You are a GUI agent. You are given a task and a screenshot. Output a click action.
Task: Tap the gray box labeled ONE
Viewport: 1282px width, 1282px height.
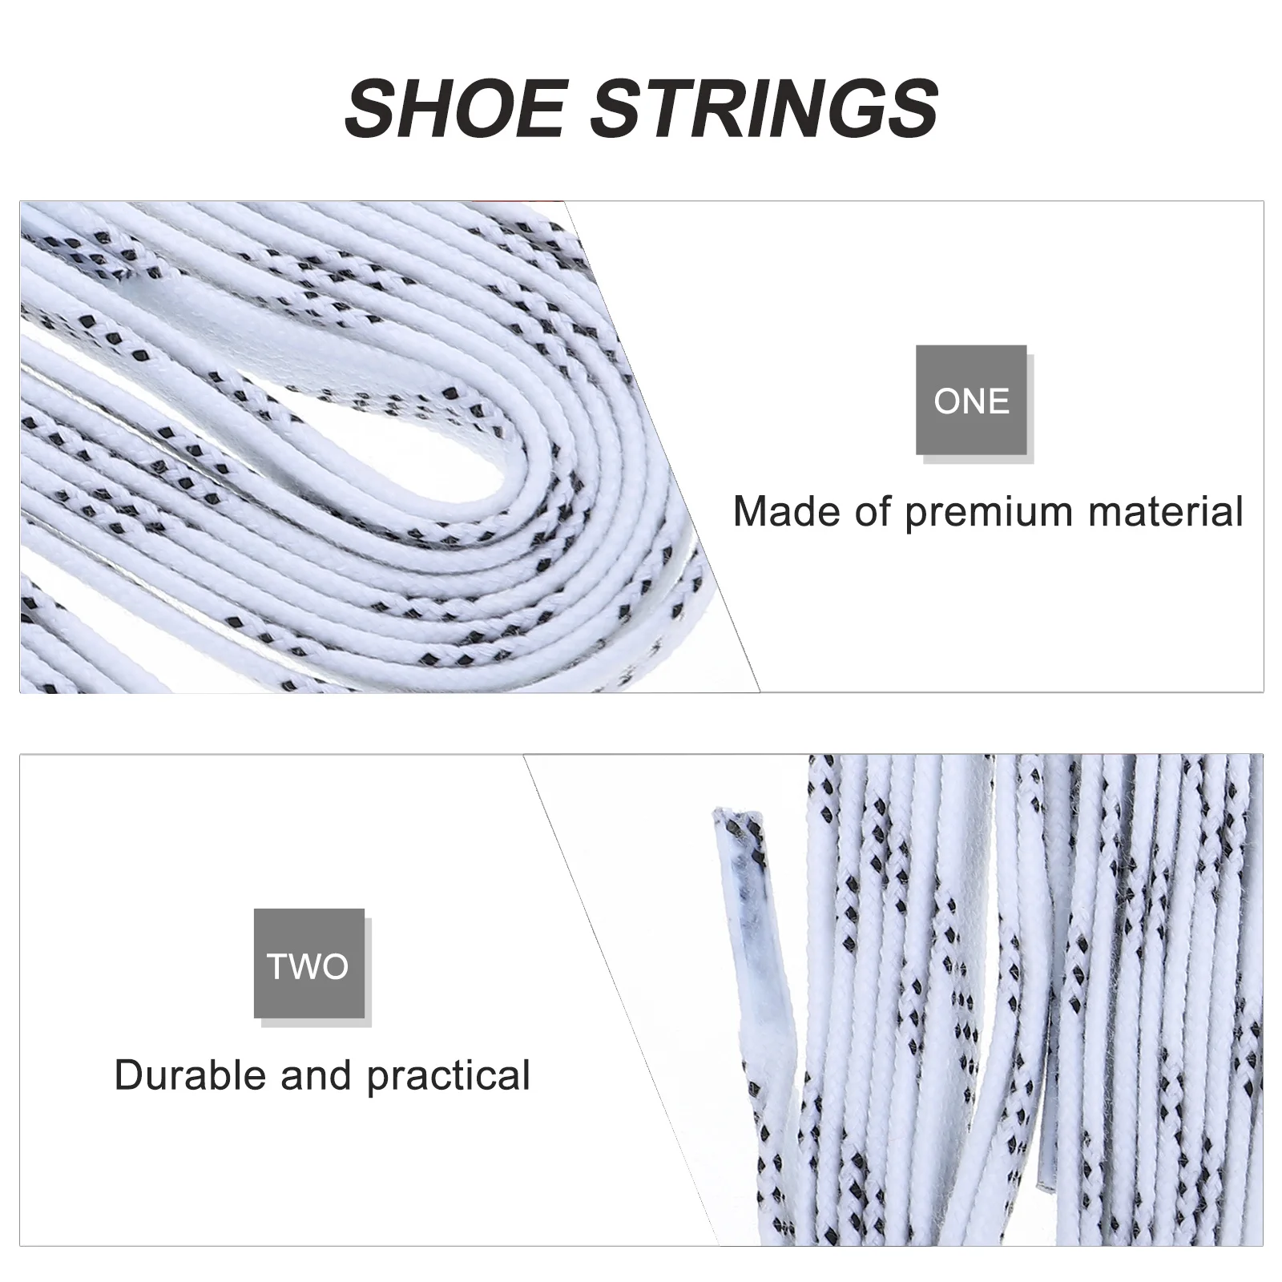(x=971, y=400)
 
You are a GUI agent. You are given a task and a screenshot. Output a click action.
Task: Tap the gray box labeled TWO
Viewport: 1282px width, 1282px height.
(x=308, y=964)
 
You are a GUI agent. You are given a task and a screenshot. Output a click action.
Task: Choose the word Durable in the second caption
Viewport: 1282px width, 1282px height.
(x=191, y=1074)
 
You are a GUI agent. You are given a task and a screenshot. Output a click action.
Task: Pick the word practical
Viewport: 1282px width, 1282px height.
(x=449, y=1076)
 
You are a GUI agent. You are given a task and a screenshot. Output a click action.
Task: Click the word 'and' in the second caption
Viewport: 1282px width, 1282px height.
(x=316, y=1074)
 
